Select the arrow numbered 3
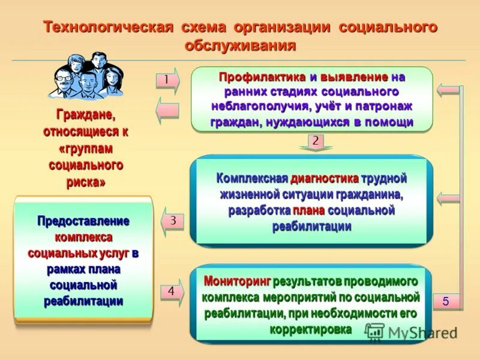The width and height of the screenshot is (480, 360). (172, 221)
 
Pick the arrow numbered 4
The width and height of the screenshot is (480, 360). (172, 292)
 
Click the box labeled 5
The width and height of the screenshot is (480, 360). (446, 301)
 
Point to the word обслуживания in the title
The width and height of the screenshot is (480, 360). (240, 46)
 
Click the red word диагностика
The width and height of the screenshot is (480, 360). (325, 179)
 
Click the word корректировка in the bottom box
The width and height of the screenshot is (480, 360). (310, 329)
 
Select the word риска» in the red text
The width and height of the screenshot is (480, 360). (85, 182)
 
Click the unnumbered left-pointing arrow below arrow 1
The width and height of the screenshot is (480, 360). (167, 110)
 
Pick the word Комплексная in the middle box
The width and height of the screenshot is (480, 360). (252, 179)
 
